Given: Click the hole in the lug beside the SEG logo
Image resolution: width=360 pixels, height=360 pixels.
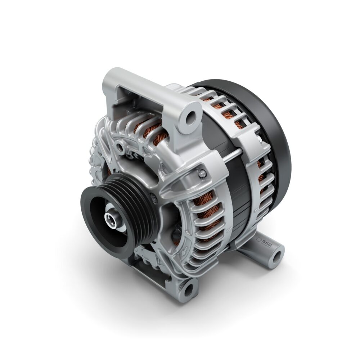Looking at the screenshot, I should click(x=276, y=256).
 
